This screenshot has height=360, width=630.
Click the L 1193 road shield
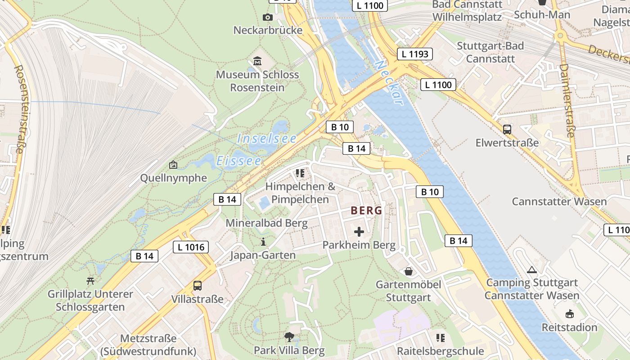point(414,54)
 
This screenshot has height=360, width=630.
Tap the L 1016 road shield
point(191,247)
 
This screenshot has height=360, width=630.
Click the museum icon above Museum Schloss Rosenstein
point(257,61)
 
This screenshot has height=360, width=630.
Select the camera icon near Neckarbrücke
point(268,17)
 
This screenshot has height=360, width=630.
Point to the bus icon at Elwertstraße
point(507,130)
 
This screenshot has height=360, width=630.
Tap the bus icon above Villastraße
point(197,285)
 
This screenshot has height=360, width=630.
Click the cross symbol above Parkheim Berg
point(359,232)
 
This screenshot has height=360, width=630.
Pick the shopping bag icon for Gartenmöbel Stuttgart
point(409,271)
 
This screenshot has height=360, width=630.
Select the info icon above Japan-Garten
point(263,242)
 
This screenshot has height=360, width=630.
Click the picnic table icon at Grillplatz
point(90,281)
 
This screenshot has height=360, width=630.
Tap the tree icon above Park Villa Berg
point(289,337)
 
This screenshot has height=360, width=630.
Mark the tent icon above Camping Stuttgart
point(532,270)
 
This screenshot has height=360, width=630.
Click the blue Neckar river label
point(390,83)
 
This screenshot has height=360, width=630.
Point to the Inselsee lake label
point(266,139)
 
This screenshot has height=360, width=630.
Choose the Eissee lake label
point(238,161)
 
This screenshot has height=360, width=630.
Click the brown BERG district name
point(366,210)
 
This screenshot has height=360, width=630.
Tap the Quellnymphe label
point(174,178)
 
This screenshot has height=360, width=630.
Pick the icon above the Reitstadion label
point(569,314)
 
